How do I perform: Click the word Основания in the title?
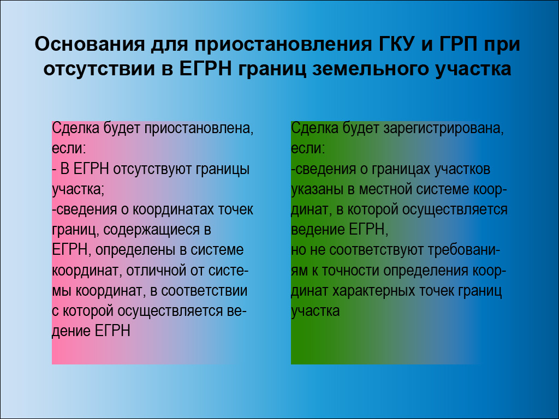90,44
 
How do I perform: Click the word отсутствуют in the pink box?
152,170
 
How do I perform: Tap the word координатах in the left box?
173,210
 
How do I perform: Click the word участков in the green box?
462,170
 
